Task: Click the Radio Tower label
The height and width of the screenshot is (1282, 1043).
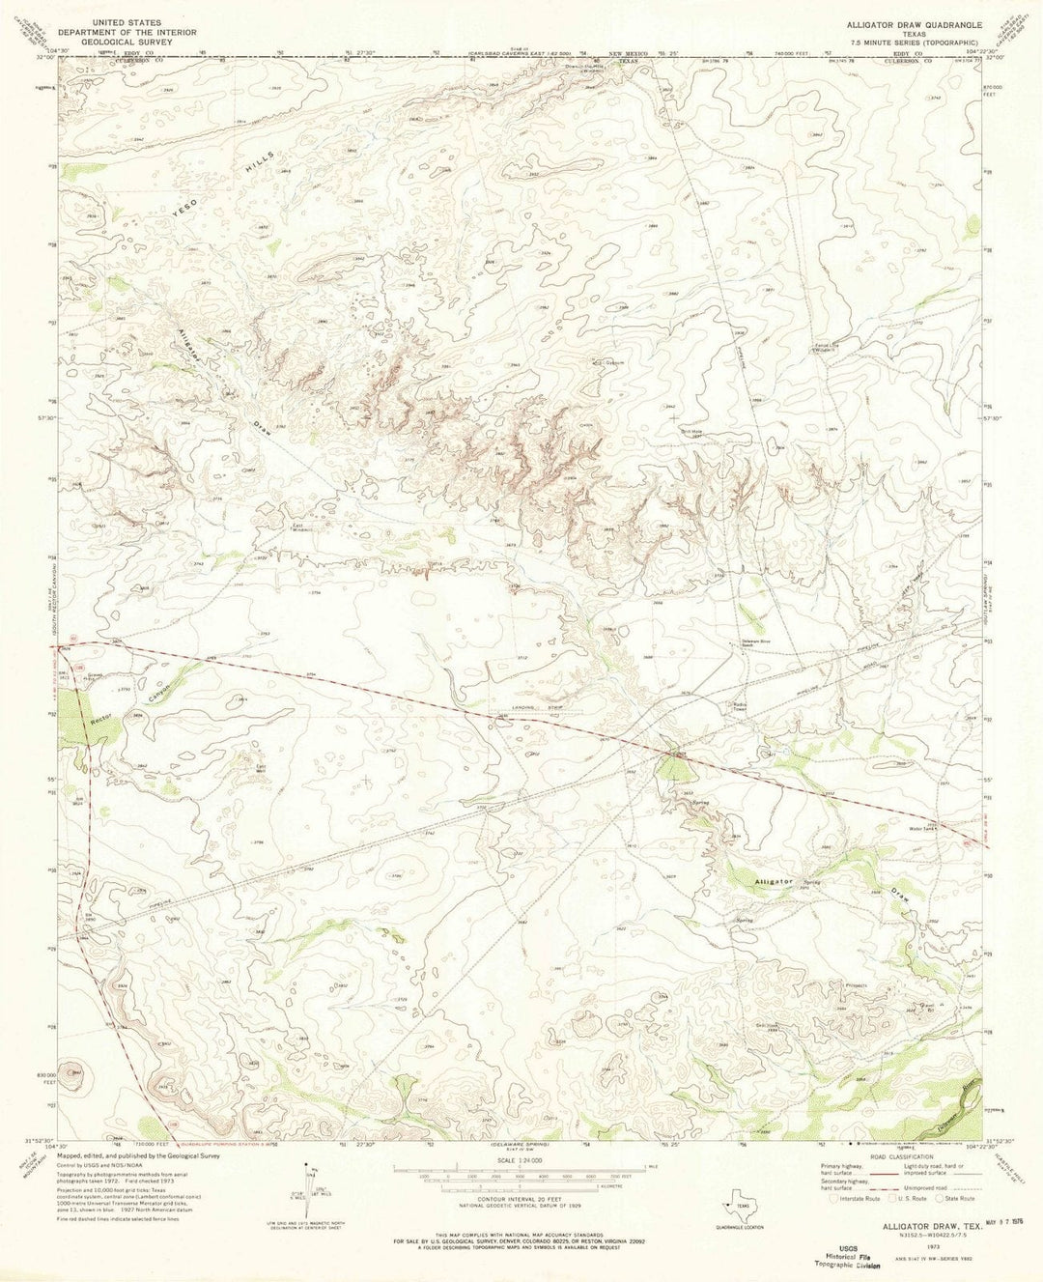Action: [x=740, y=704]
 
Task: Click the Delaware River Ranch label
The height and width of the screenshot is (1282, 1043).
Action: [x=740, y=644]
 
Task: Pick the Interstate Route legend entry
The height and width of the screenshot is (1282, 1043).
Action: [x=836, y=1198]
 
